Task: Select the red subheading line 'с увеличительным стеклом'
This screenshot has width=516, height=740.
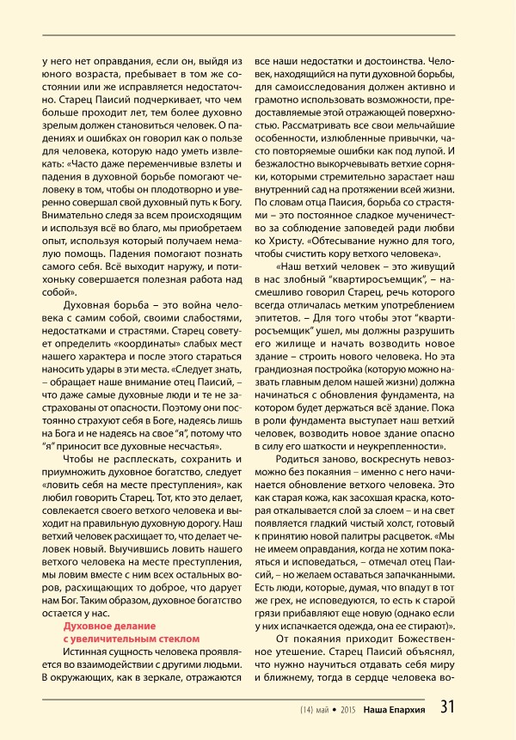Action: click(x=132, y=639)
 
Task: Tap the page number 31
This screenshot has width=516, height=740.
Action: click(x=448, y=708)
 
